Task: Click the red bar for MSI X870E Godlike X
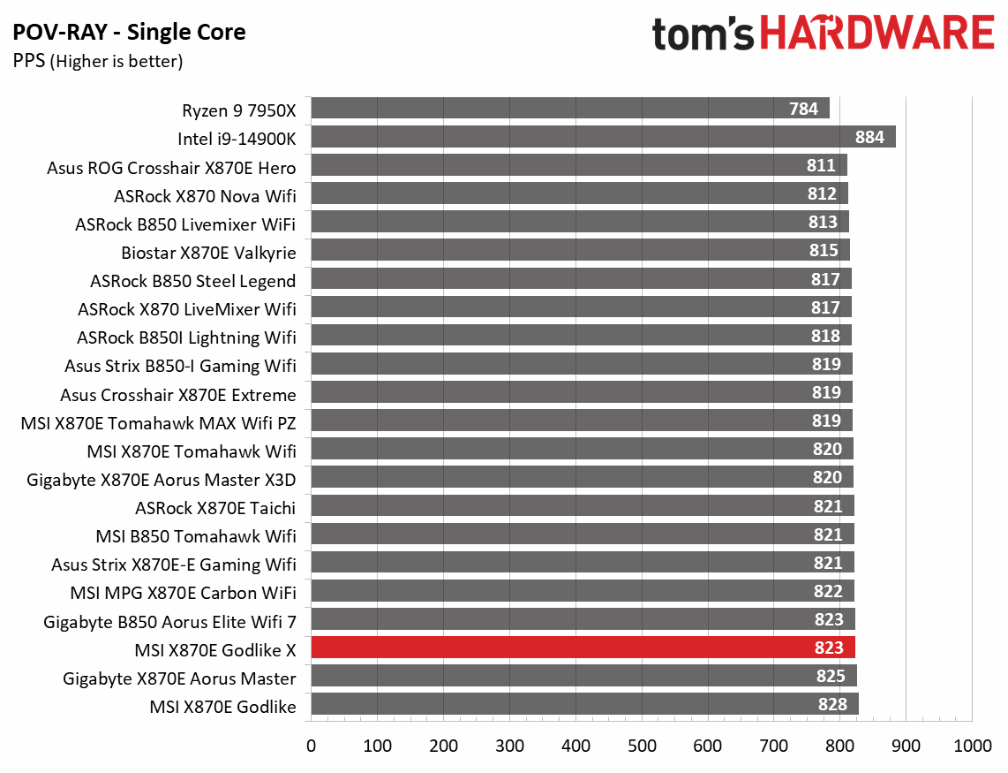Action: click(583, 648)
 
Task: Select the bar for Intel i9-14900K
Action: click(603, 137)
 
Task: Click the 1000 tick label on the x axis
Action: click(972, 746)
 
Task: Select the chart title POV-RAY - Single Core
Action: click(129, 34)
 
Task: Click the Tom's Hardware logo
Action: click(823, 34)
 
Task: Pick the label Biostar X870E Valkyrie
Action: click(208, 253)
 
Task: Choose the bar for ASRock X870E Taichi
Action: click(583, 506)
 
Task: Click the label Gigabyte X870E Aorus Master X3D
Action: click(162, 480)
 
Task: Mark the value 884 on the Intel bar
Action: click(870, 137)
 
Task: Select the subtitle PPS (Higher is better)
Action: click(97, 61)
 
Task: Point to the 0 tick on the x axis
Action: click(311, 746)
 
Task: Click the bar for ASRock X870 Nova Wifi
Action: click(579, 193)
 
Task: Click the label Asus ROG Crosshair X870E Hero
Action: click(171, 168)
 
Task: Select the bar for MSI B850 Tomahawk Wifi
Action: click(583, 534)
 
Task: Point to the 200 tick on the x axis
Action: click(443, 746)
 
